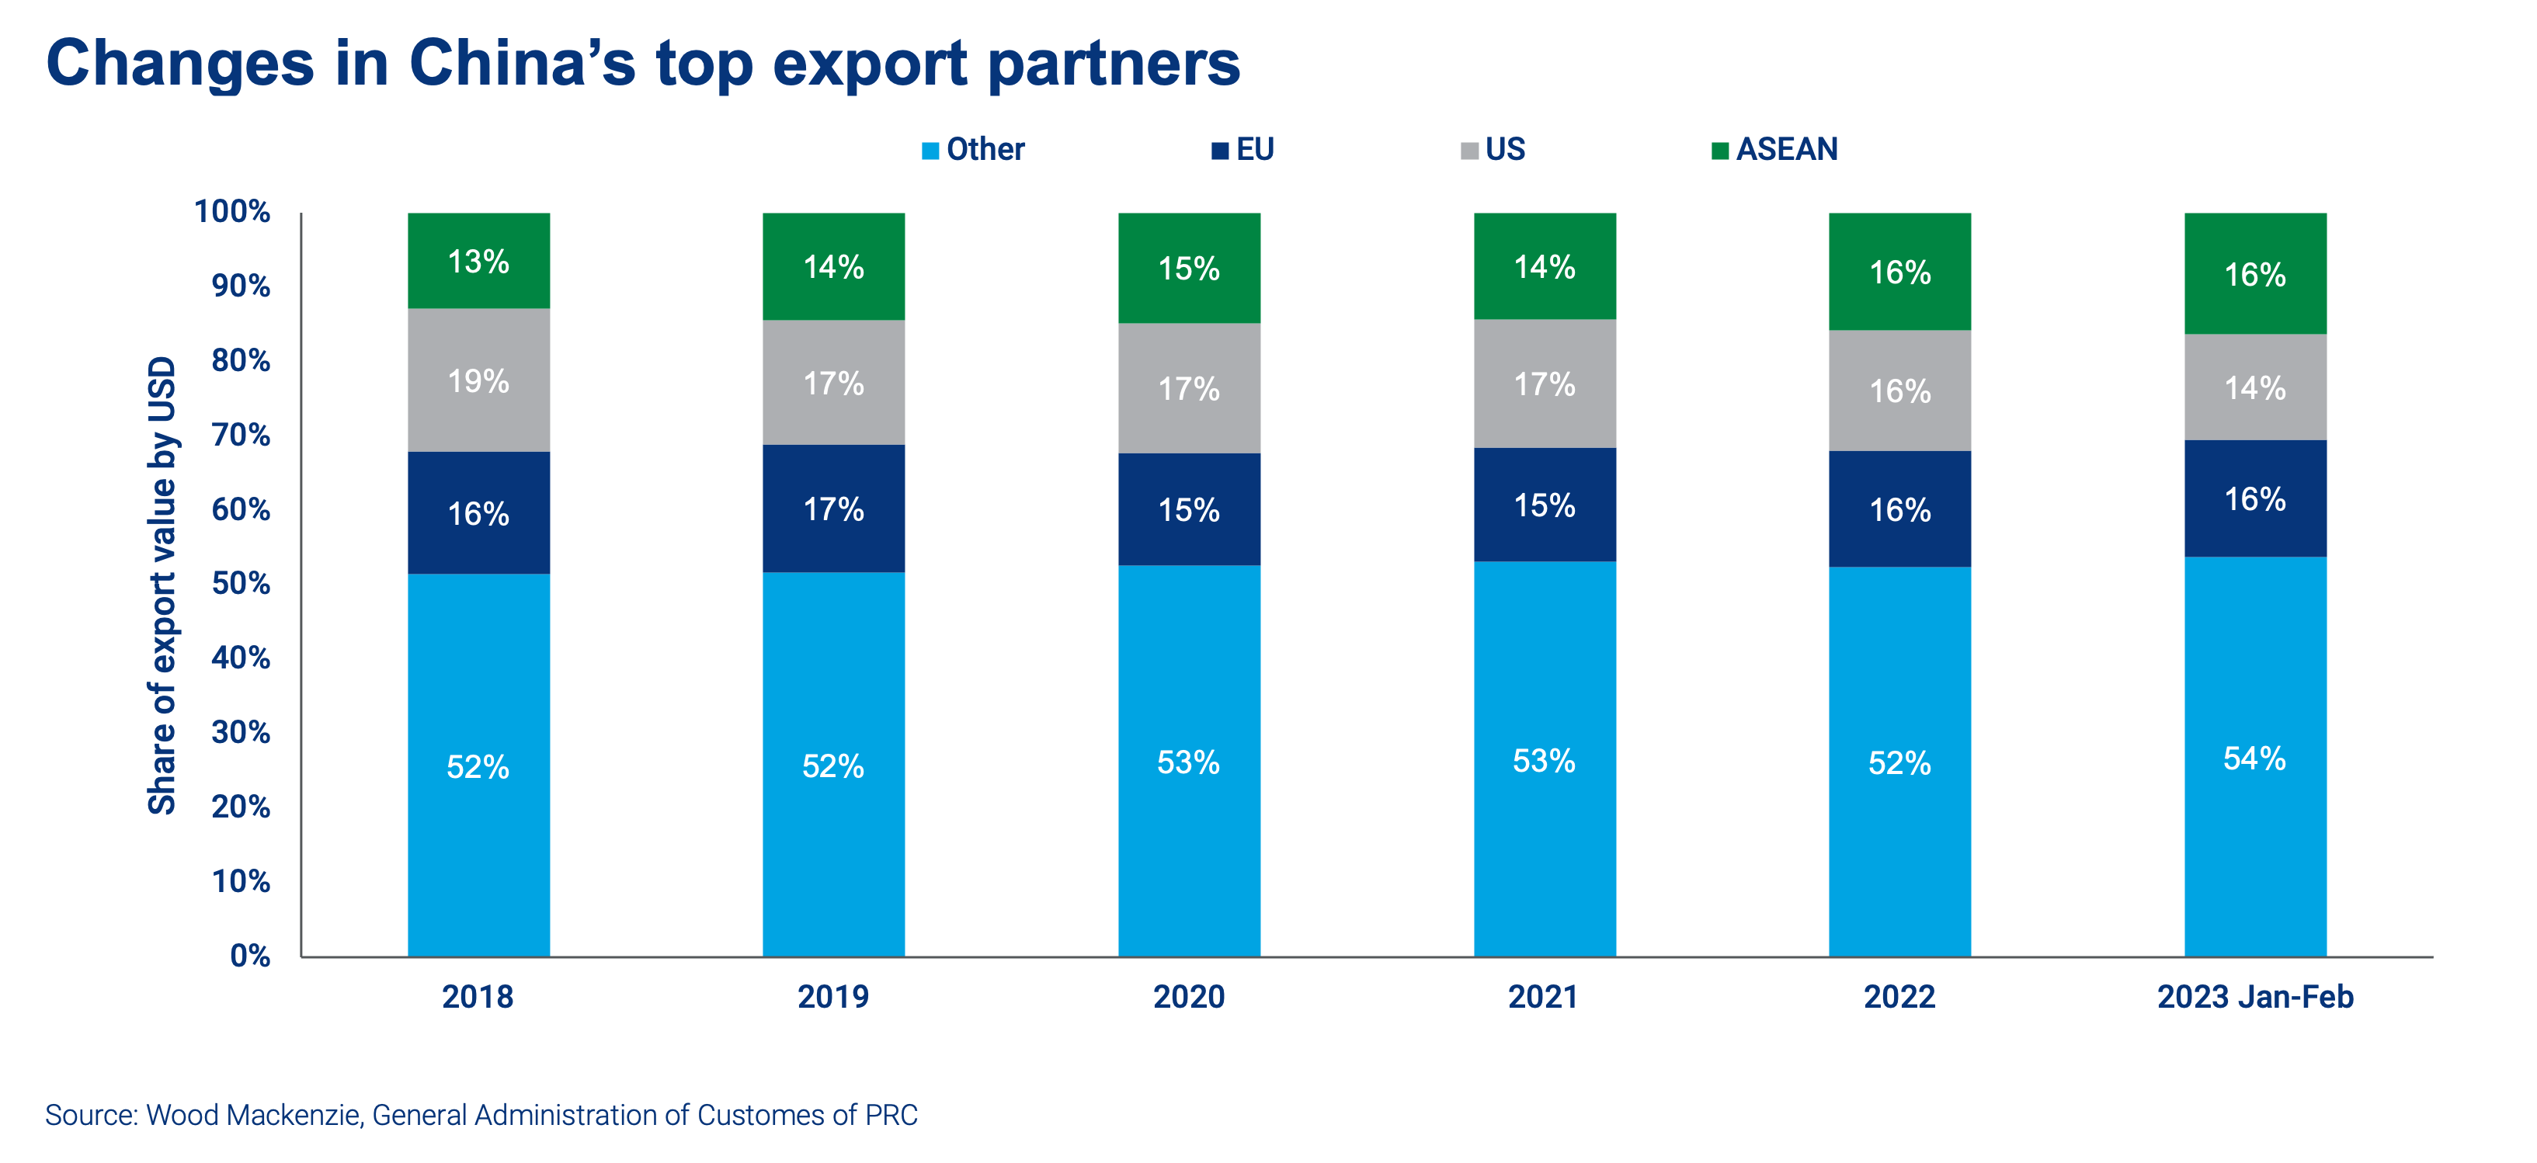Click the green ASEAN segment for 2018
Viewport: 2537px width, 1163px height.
click(x=478, y=260)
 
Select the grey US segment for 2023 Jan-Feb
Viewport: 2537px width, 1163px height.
click(x=2254, y=387)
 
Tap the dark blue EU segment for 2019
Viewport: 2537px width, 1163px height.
click(x=833, y=509)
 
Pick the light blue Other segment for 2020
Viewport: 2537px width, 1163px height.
click(x=1189, y=760)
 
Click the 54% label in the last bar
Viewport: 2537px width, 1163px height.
click(x=2254, y=759)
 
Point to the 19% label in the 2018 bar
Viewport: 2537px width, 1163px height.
click(x=478, y=381)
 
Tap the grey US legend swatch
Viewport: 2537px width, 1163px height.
click(x=1469, y=151)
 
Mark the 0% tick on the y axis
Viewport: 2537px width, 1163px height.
click(x=250, y=955)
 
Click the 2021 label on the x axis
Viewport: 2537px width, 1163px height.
click(x=1543, y=997)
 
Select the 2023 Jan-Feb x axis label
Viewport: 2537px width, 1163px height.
click(x=2254, y=997)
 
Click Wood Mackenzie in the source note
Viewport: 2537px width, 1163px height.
click(x=254, y=1116)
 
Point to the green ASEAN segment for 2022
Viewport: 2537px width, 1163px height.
click(x=1899, y=271)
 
